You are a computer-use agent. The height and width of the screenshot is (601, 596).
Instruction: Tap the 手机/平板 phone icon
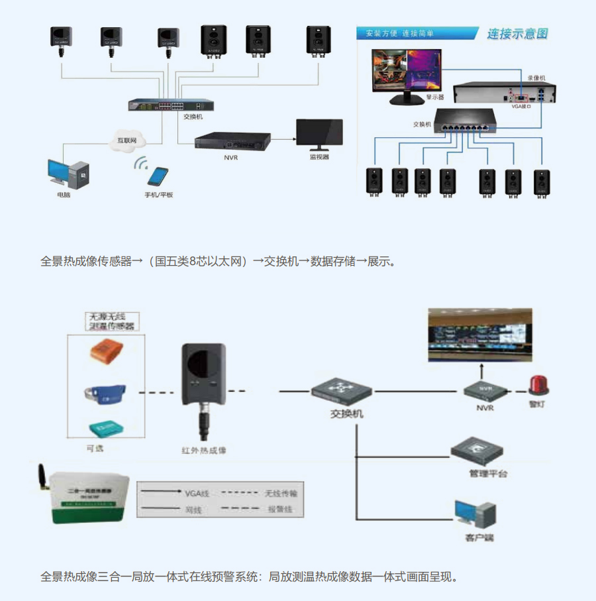[x=158, y=176]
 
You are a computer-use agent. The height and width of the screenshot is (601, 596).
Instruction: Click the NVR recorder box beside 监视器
[x=232, y=141]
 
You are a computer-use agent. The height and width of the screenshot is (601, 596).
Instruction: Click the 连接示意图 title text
[x=518, y=34]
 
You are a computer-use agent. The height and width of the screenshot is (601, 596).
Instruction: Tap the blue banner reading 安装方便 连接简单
[x=416, y=33]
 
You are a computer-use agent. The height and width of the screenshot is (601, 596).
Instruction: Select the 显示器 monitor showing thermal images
[x=407, y=74]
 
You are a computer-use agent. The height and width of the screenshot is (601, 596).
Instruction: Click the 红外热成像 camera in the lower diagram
[x=204, y=378]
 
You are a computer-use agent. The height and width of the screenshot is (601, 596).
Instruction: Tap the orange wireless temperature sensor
[x=109, y=351]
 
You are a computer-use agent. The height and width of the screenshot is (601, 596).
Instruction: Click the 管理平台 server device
[x=479, y=452]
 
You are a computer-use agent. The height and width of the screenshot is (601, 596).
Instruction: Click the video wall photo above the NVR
[x=479, y=335]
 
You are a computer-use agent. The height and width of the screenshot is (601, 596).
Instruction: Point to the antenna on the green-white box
[x=41, y=477]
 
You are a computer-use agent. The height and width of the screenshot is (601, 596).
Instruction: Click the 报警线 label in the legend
[x=279, y=510]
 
